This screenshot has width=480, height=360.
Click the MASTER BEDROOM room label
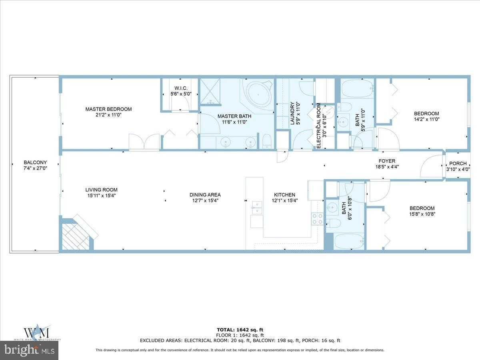[x=108, y=109]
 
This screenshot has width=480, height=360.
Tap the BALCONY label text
[x=35, y=162]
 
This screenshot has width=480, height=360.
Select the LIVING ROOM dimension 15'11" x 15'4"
[x=101, y=196]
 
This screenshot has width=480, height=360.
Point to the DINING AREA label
[x=205, y=195]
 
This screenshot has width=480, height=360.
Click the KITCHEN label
[x=284, y=195]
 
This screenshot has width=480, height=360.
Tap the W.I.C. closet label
[x=181, y=88]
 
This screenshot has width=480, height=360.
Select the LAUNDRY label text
[x=292, y=113]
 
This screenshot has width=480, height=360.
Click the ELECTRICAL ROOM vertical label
[x=319, y=126]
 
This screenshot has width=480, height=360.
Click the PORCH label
[x=458, y=163]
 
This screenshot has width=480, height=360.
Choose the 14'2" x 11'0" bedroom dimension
[x=426, y=119]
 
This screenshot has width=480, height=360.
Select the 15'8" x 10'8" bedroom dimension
[x=422, y=214]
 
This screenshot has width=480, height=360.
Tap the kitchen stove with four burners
[x=318, y=219]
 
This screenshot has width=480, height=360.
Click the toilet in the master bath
[x=267, y=142]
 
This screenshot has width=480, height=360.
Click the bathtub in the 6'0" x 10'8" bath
[x=349, y=242]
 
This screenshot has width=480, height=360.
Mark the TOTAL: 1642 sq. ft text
[x=240, y=330]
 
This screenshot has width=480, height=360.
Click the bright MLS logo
[x=29, y=350]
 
